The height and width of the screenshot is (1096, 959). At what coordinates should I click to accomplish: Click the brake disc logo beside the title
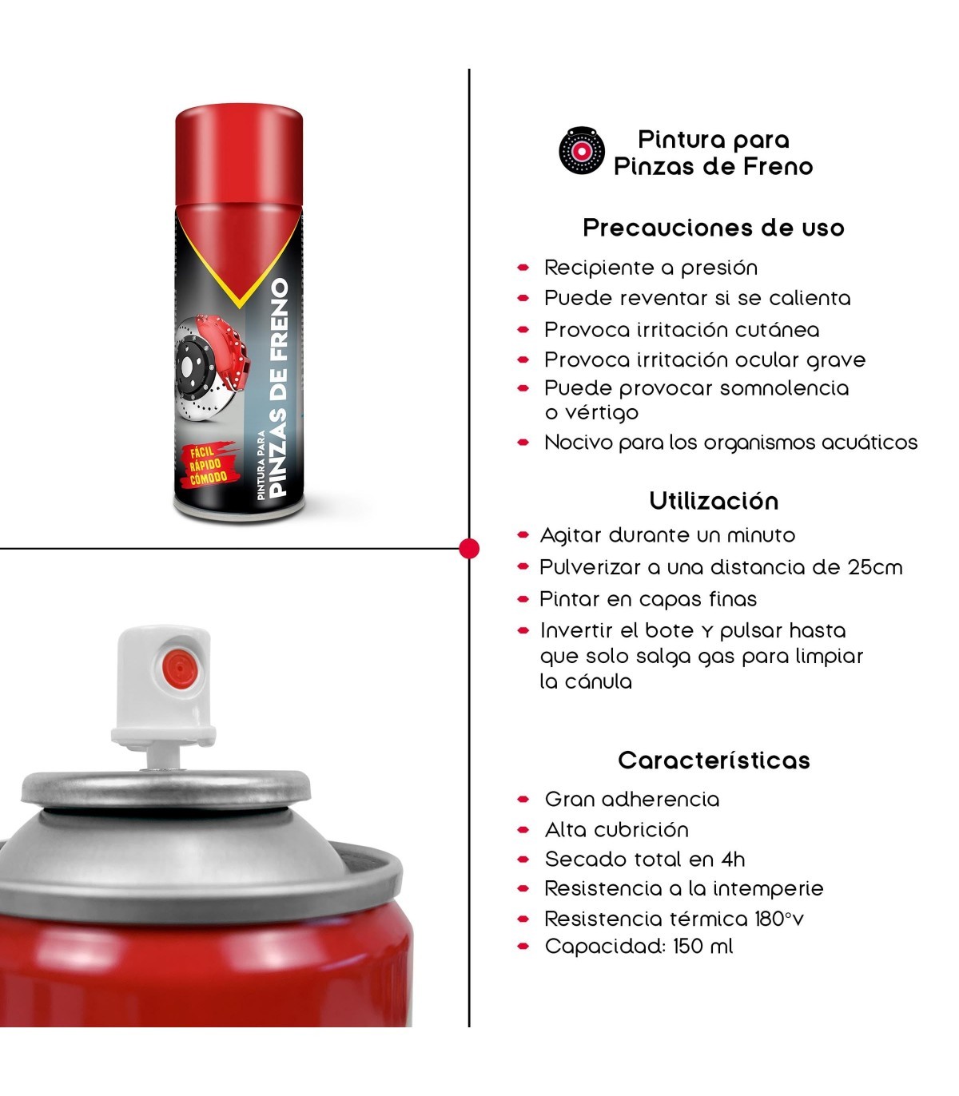point(582,150)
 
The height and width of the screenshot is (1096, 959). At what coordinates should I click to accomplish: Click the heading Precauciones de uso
point(714,228)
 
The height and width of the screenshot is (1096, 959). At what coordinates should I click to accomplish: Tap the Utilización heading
point(714,501)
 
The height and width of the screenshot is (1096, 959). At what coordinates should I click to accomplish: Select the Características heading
point(714,760)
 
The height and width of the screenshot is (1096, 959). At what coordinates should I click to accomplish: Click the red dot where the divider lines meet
point(469,549)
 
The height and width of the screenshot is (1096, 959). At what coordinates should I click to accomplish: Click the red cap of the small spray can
point(239,155)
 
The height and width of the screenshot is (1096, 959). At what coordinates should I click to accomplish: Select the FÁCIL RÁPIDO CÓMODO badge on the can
point(208,464)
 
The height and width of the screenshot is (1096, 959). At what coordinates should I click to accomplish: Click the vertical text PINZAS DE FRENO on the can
point(278,387)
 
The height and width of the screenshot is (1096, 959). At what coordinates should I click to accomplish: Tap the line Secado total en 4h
point(645,860)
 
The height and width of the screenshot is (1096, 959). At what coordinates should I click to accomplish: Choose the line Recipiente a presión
point(651,268)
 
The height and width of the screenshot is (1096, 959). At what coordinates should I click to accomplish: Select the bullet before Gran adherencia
point(523,800)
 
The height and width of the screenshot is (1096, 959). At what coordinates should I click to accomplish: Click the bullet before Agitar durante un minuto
point(523,535)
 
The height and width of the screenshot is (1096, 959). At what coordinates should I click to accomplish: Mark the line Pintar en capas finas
point(648,599)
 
